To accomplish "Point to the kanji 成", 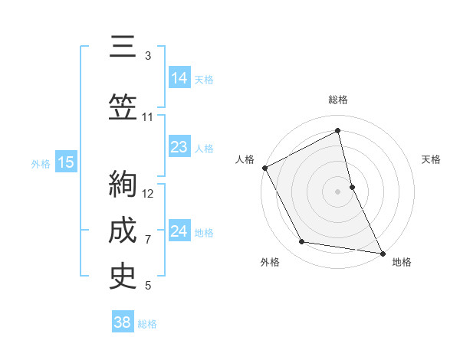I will click(x=123, y=229).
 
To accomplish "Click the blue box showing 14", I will click(x=179, y=78).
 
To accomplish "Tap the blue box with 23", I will click(x=179, y=147).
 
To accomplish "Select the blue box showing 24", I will click(x=179, y=231).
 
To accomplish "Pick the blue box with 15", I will click(x=65, y=162).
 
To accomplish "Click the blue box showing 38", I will click(x=122, y=322).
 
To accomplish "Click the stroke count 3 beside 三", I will click(x=148, y=56).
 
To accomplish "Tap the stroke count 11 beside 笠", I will click(x=148, y=117).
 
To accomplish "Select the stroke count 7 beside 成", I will click(x=148, y=240).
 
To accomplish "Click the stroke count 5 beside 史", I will click(x=148, y=286).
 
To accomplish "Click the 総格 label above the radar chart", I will click(x=337, y=100).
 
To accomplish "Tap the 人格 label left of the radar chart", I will click(x=245, y=159).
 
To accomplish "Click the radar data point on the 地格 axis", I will click(x=382, y=253).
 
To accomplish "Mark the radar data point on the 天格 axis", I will click(x=352, y=186).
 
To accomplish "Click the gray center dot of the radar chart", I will click(x=337, y=191).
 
